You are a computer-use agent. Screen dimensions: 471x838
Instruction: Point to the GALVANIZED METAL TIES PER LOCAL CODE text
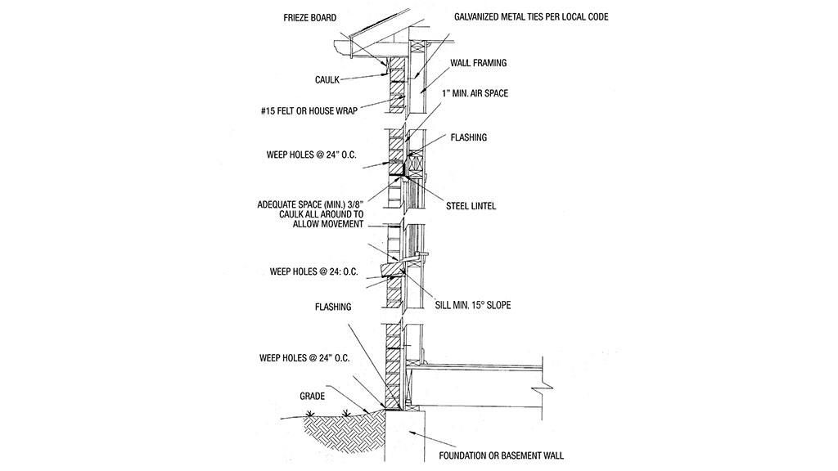531,17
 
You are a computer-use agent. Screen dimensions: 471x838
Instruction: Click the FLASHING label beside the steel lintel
468,137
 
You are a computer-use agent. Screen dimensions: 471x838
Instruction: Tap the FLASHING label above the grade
333,307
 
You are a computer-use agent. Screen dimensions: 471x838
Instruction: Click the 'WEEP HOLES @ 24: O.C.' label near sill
315,271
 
